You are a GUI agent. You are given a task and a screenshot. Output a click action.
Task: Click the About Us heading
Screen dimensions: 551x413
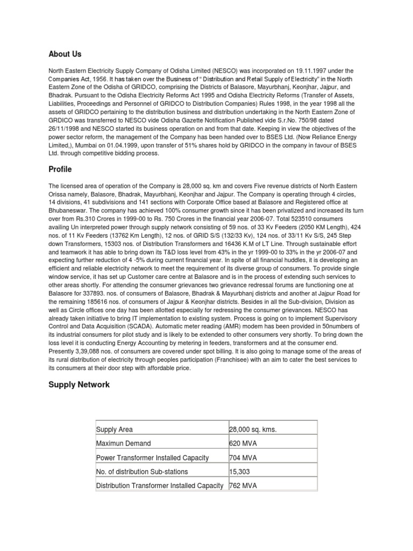[65, 54]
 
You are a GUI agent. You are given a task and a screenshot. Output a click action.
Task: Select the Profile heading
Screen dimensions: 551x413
[61, 169]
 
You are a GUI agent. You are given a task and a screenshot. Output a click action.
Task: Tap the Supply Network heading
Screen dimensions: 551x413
[79, 385]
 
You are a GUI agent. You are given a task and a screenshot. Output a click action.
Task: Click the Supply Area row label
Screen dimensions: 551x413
[115, 429]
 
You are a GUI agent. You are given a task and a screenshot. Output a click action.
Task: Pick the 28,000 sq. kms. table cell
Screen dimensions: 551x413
[253, 429]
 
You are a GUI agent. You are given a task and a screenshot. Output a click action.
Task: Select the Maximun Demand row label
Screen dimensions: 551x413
[123, 443]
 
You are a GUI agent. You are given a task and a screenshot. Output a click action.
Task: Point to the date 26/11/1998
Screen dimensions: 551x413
[66, 129]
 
